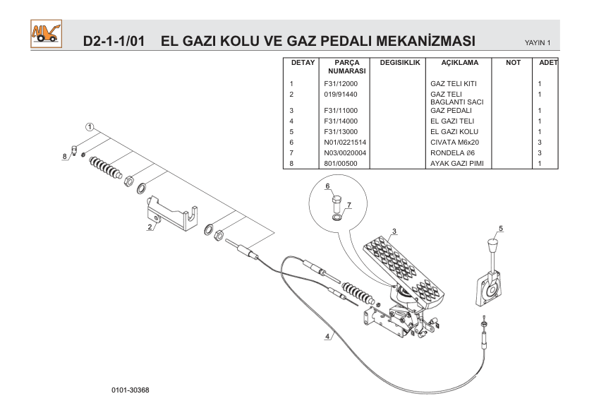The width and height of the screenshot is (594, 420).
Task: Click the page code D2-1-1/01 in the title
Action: coord(114,40)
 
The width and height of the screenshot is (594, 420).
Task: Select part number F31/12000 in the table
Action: coord(341,84)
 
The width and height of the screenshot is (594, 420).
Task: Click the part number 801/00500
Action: coord(339,163)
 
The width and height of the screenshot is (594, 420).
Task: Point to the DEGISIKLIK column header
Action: coord(399,63)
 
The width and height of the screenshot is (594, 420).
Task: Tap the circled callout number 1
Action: coord(90,127)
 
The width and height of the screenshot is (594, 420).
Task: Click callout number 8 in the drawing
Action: coord(64,155)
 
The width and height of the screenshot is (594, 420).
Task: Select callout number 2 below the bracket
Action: coord(150,227)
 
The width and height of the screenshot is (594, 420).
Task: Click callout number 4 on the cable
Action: coord(327,336)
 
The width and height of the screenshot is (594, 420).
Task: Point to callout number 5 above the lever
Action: coord(500,228)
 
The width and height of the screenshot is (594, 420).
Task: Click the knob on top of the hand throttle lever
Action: coord(492,248)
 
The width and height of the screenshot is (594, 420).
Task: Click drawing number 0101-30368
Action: coord(130,390)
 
